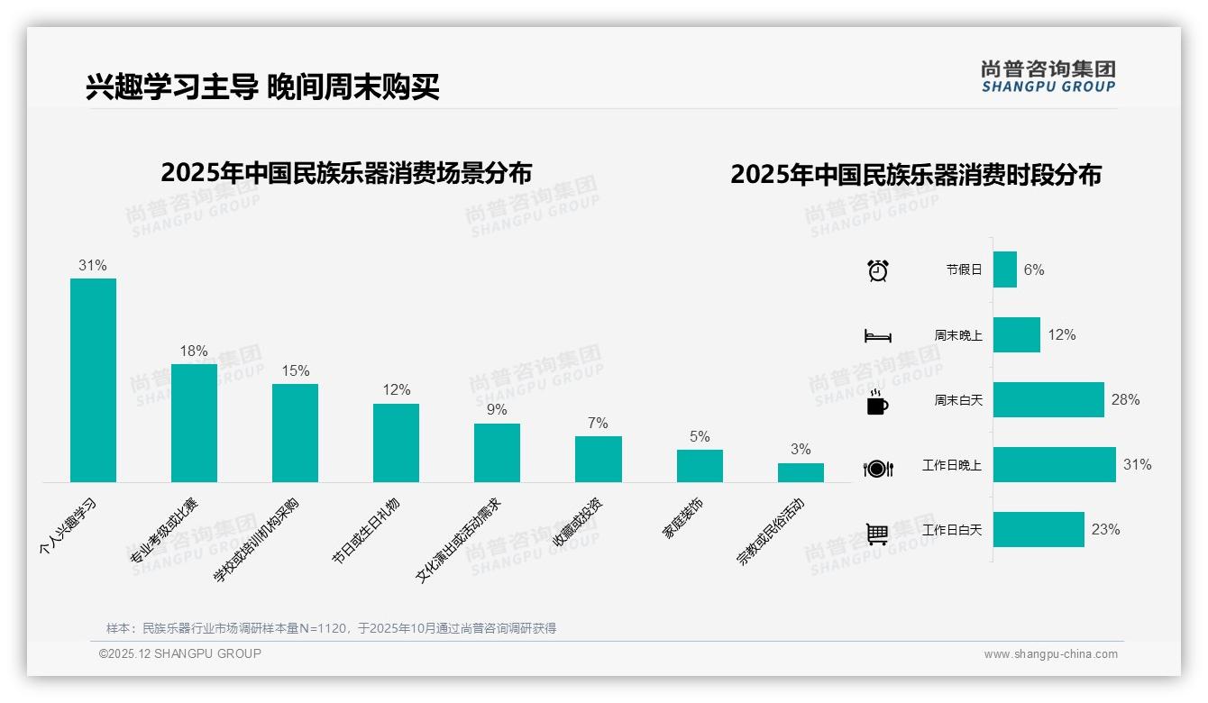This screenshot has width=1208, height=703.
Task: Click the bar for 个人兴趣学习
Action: coord(93,379)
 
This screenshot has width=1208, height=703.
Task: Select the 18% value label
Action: coord(194,351)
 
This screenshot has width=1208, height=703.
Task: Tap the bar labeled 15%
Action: coord(295,433)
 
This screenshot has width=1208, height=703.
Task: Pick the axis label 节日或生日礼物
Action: coord(365,531)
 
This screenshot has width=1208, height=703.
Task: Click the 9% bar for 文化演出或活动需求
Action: coord(497,452)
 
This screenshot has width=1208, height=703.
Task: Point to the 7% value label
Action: coord(597,423)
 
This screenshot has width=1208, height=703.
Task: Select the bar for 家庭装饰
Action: coord(700,466)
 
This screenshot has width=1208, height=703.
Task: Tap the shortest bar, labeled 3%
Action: coord(801,472)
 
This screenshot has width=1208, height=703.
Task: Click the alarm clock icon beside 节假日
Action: coord(877,270)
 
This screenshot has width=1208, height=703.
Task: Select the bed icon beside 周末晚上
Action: coord(877,336)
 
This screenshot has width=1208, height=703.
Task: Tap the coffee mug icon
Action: coord(877,402)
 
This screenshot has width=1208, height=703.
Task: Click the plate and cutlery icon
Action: coord(877,468)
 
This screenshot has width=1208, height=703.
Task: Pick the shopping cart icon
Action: coord(877,534)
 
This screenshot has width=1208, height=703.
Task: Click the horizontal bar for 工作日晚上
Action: coord(1054,465)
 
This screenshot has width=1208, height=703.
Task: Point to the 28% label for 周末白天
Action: coord(1125,400)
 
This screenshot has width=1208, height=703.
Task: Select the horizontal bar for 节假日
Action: coord(1004,269)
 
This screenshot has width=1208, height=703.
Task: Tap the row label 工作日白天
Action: coord(951,530)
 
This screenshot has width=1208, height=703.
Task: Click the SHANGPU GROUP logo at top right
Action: coord(1048,77)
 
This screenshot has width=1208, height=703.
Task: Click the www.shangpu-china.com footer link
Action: coord(1050,654)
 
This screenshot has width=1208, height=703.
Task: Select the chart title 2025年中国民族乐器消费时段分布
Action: coord(915,175)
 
